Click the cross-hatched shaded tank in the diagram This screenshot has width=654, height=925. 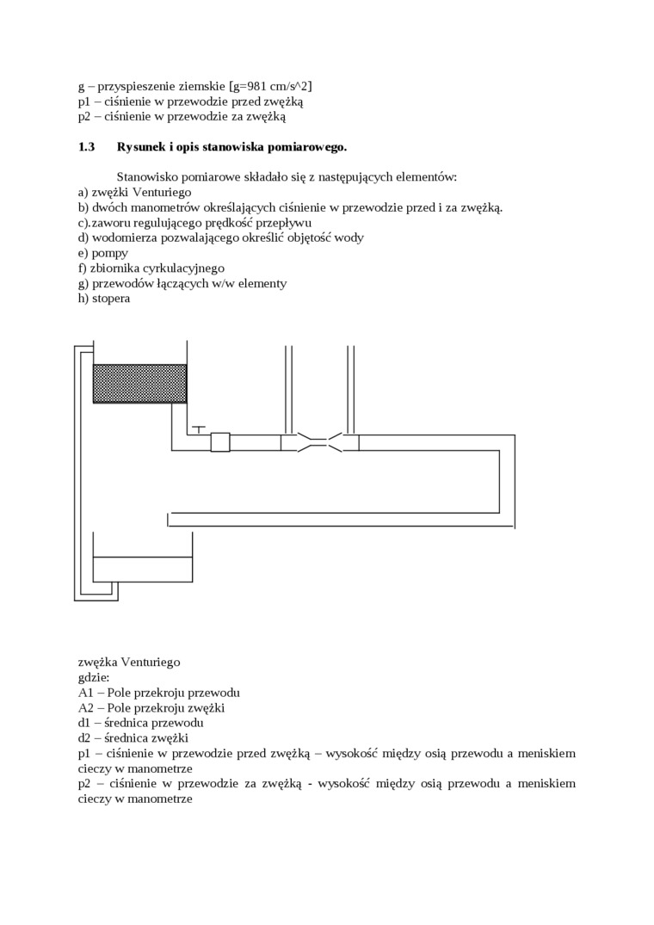click(139, 384)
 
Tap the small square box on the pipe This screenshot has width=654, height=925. click(220, 442)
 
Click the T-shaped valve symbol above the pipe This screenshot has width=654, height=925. click(200, 429)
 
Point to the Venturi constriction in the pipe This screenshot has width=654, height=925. click(319, 442)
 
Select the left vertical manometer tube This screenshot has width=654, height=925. click(288, 390)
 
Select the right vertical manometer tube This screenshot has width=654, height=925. click(351, 390)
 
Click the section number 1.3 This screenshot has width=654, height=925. click(86, 147)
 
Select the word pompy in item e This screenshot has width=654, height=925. click(109, 254)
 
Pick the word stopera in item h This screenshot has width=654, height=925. click(111, 299)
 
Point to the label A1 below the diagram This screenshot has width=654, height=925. click(85, 693)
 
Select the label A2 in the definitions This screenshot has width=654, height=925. click(85, 708)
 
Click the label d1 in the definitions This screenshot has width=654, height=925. click(83, 723)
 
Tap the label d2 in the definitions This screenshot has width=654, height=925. click(83, 738)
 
